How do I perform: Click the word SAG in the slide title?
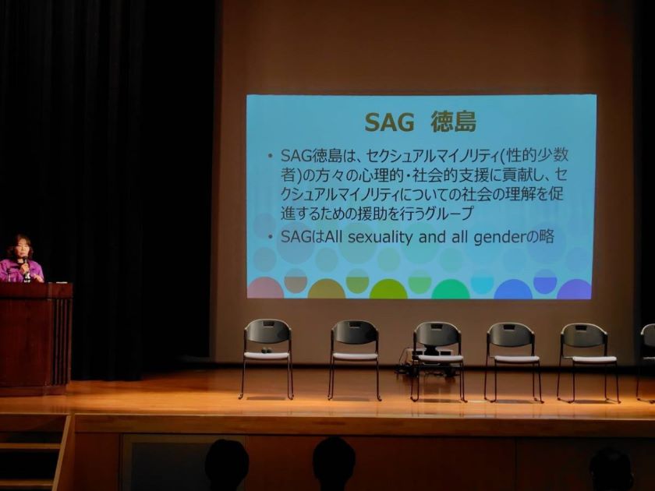[x=389, y=122]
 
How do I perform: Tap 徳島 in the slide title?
[x=453, y=122]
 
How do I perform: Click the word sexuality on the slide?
[x=380, y=237]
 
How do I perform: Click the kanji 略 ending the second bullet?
[x=547, y=237]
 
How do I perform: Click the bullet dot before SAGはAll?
[x=271, y=238]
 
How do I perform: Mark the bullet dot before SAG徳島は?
[x=271, y=157]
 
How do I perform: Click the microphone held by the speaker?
[x=26, y=264]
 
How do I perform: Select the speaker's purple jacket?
[x=20, y=271]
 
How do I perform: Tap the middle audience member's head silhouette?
[x=334, y=464]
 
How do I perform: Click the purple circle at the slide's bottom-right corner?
[x=575, y=289]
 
